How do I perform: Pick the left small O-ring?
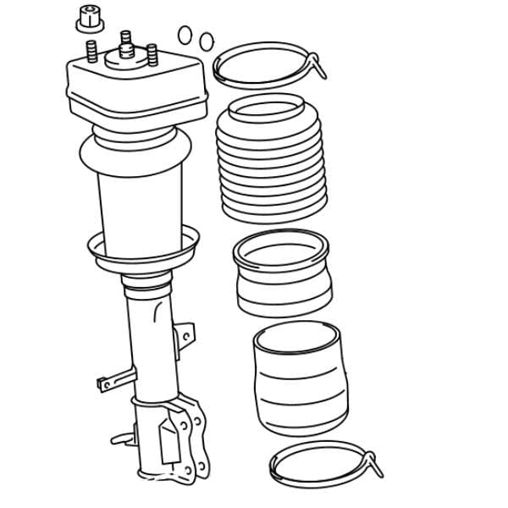pos(185,35)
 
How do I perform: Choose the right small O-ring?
pos(206,41)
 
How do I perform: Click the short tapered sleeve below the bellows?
pos(283,275)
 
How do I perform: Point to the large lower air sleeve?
pos(300,381)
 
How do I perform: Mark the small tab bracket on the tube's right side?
pos(184,335)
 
